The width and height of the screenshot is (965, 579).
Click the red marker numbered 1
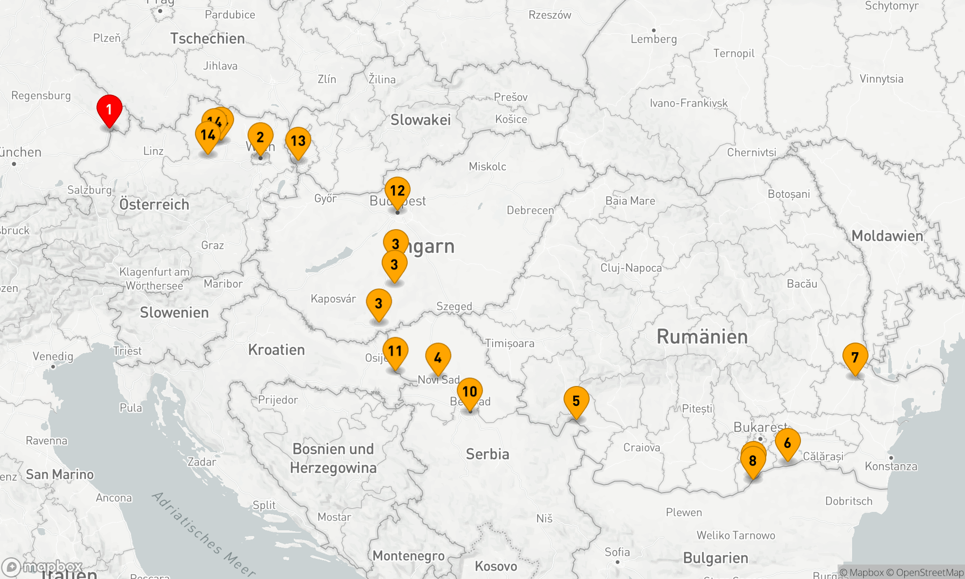(110, 110)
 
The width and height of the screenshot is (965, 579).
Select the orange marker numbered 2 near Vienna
(260, 138)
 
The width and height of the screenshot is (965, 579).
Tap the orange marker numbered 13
(298, 141)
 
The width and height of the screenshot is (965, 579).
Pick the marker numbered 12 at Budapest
(398, 191)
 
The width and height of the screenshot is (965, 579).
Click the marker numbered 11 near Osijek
(395, 352)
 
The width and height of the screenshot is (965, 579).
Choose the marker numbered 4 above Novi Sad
(438, 358)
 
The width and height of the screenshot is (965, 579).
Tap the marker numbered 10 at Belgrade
(469, 392)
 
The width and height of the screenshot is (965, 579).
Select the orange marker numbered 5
(576, 401)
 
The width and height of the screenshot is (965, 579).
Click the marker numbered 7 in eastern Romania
(855, 358)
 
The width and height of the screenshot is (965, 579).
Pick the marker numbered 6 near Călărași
(787, 443)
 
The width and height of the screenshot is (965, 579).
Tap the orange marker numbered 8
(753, 461)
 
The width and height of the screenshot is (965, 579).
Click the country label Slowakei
(420, 120)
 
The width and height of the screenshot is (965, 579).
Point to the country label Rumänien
(702, 337)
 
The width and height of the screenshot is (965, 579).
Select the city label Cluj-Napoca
(631, 268)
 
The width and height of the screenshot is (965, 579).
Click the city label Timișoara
(510, 344)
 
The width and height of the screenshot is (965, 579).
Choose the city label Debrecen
(530, 210)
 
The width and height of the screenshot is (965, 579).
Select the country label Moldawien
(887, 236)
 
